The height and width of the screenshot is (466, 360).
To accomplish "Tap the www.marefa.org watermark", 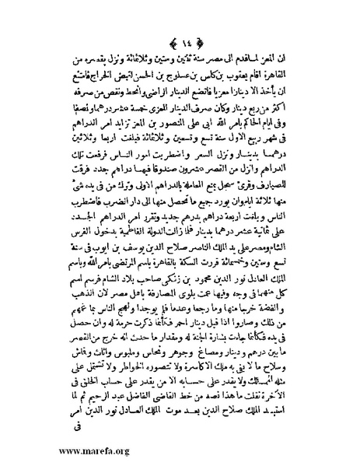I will [59, 450].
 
